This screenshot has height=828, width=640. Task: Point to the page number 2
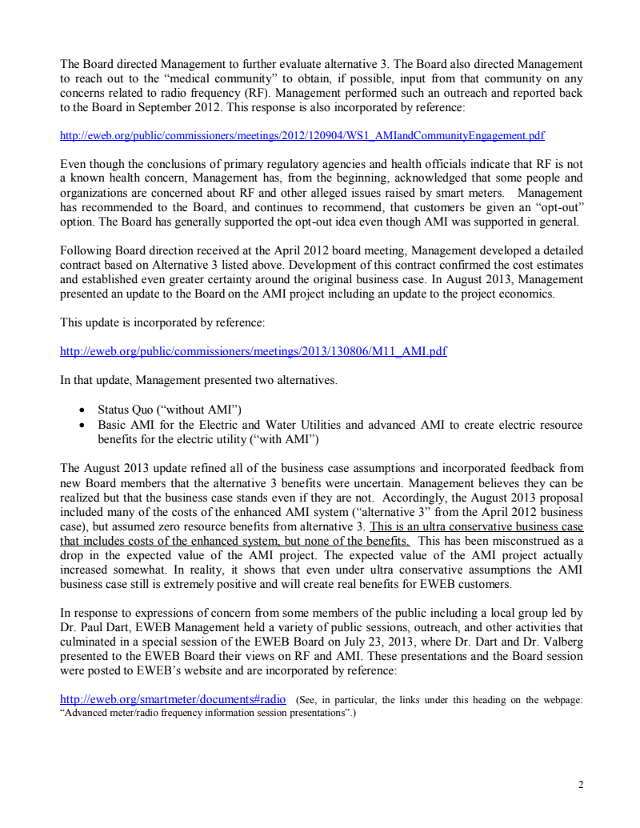[580, 785]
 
